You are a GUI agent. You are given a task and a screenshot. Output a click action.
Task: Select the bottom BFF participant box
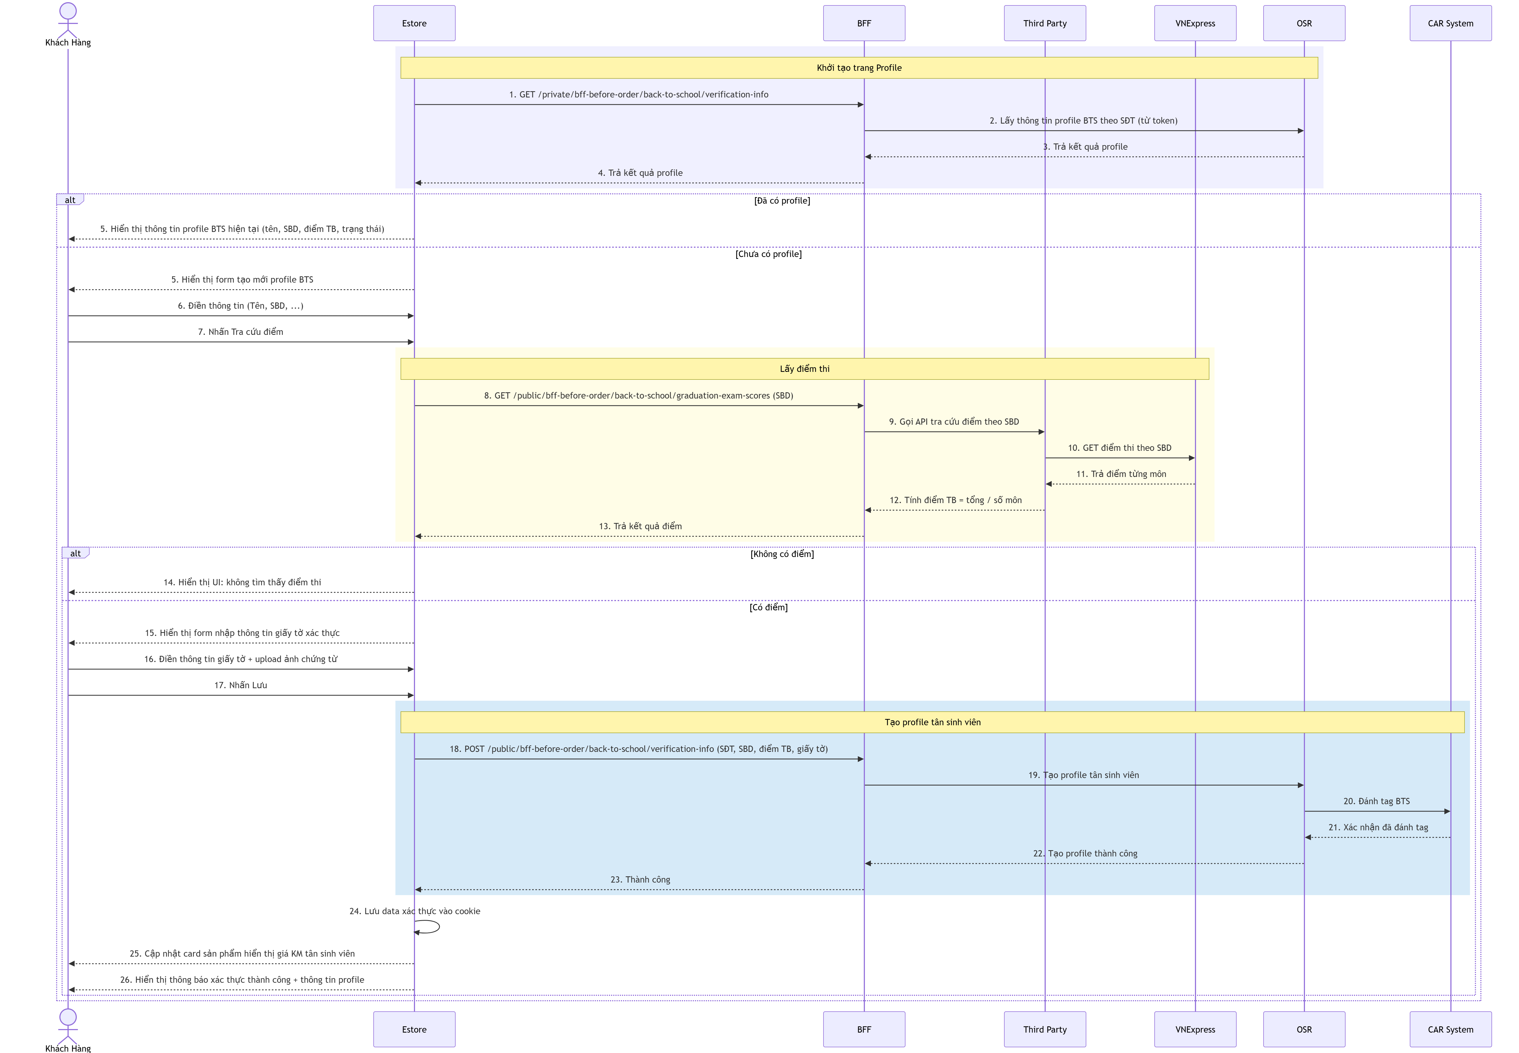pos(864,1029)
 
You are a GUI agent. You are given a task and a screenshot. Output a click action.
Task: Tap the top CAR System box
pos(1450,23)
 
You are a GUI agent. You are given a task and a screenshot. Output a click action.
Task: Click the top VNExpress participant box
pos(1195,23)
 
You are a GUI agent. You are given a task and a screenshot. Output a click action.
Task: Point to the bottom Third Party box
pos(1045,1029)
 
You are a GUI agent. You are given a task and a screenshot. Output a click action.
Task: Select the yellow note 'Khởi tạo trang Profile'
pos(859,68)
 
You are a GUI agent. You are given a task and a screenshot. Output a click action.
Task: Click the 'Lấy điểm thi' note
pos(804,369)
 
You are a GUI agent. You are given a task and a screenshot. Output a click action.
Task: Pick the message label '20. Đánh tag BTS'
pos(1377,801)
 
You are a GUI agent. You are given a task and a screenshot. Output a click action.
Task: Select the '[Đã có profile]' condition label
pos(782,201)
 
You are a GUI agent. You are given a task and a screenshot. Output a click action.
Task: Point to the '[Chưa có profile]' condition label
pos(769,254)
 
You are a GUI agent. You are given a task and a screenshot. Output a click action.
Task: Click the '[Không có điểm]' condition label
pos(782,554)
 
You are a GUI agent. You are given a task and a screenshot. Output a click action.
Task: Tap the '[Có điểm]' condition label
pos(769,607)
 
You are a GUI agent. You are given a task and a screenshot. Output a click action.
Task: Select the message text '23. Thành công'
pos(640,880)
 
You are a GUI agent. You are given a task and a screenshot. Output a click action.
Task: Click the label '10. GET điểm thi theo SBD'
pos(1120,448)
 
